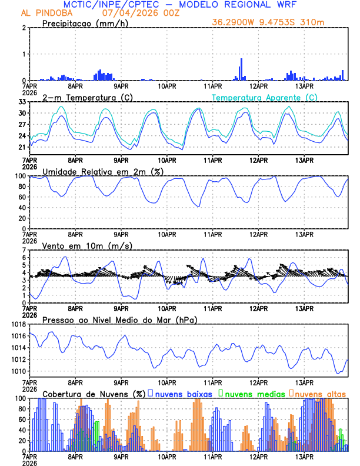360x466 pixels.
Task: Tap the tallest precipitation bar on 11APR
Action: click(241, 69)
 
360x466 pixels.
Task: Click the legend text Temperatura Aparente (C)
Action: click(265, 97)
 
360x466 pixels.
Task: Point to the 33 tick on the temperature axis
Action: click(22, 102)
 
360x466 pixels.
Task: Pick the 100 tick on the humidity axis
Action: click(20, 176)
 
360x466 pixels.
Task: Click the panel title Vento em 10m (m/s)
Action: click(87, 245)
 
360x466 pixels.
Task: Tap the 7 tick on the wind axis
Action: click(24, 250)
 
